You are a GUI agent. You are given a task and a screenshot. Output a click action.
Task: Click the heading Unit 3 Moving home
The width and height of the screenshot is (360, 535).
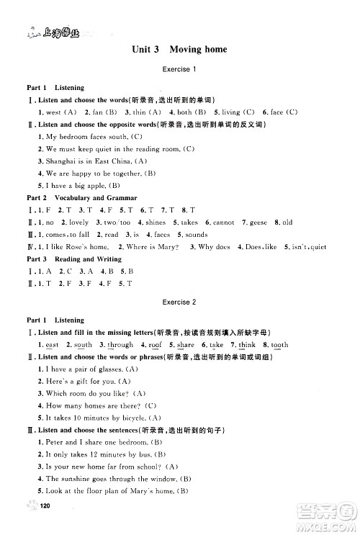click(179, 50)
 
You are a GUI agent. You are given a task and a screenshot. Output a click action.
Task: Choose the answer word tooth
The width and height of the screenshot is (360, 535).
click(279, 345)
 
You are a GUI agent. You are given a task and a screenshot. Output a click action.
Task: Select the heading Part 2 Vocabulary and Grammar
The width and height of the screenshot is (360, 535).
click(80, 197)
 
